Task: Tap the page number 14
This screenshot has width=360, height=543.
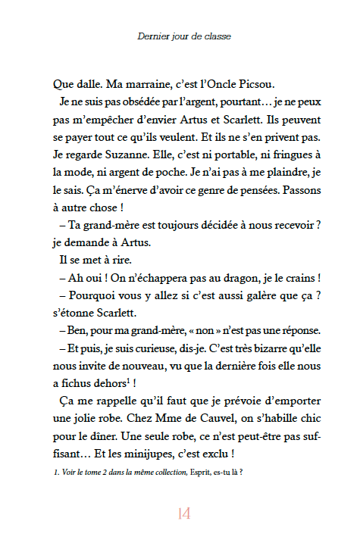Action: point(183,514)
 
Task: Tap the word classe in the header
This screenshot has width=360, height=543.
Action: point(216,36)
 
